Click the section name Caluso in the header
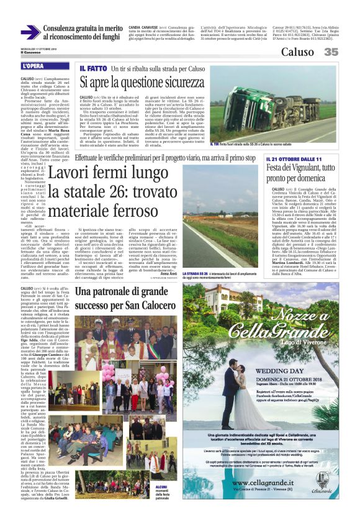coord(297,52)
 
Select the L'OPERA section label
coord(34,65)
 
